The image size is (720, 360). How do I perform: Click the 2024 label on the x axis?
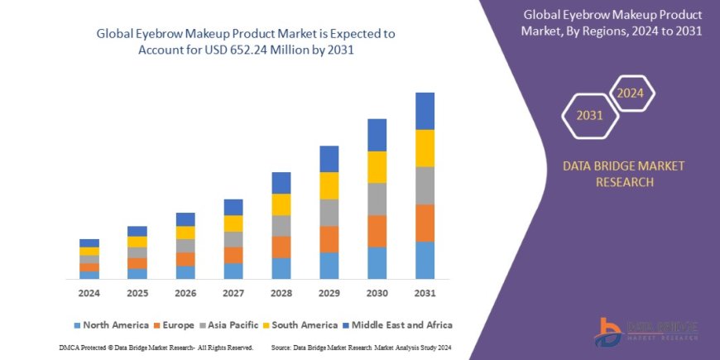pyautogui.click(x=89, y=294)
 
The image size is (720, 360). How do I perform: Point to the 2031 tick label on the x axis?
pyautogui.click(x=425, y=294)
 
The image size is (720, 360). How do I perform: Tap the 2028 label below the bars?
pyautogui.click(x=281, y=294)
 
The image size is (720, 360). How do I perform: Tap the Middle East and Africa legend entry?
pyautogui.click(x=399, y=325)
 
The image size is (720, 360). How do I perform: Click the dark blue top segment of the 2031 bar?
pyautogui.click(x=425, y=111)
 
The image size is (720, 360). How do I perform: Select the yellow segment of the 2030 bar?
pyautogui.click(x=377, y=167)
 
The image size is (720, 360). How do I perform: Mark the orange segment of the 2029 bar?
pyautogui.click(x=329, y=239)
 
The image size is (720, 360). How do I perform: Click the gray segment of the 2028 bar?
pyautogui.click(x=281, y=226)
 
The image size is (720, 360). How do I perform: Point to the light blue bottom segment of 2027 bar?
pyautogui.click(x=233, y=271)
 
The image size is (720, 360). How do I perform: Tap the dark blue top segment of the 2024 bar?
pyautogui.click(x=89, y=242)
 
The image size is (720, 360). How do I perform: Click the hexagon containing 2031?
pyautogui.click(x=589, y=115)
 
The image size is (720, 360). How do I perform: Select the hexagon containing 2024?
pyautogui.click(x=631, y=92)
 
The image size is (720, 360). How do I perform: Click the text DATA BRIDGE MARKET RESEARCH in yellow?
pyautogui.click(x=623, y=174)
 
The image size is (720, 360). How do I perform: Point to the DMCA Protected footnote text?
pyautogui.click(x=156, y=348)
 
